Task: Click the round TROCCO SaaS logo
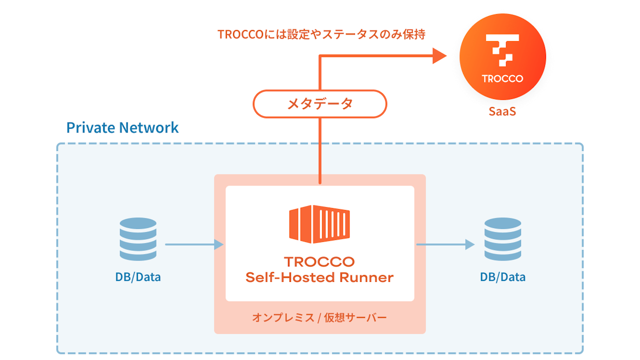click(502, 56)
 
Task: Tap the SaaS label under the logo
click(502, 111)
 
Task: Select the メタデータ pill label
click(320, 104)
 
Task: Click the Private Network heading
click(122, 127)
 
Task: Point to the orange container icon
click(319, 224)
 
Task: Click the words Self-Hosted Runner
click(319, 277)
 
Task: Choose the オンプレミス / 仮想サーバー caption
click(319, 317)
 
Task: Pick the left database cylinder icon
click(138, 239)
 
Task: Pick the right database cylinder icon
click(502, 239)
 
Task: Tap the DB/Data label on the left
click(138, 277)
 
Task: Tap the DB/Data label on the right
click(502, 277)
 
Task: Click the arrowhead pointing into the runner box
click(218, 244)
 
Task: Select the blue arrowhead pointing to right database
click(469, 244)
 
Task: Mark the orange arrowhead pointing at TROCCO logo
click(439, 56)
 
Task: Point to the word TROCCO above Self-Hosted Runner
click(319, 261)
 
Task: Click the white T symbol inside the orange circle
click(502, 49)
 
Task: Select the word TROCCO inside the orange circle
click(502, 78)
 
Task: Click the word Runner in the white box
click(366, 277)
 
